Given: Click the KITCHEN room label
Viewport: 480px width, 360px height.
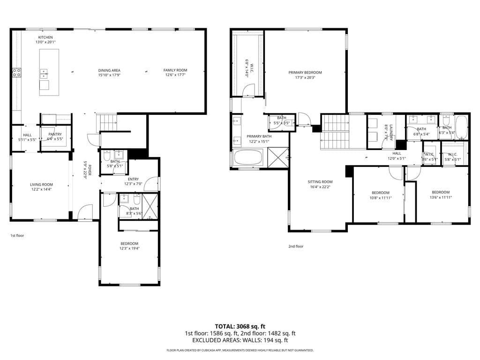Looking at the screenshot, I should pyautogui.click(x=45, y=37).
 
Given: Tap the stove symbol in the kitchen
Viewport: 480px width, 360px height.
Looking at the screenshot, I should pyautogui.click(x=16, y=72).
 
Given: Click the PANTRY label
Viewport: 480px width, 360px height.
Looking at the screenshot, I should pyautogui.click(x=55, y=135).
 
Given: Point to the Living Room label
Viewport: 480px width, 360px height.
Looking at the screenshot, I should pyautogui.click(x=41, y=185).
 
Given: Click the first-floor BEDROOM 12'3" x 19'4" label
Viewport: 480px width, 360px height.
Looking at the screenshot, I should pyautogui.click(x=129, y=243).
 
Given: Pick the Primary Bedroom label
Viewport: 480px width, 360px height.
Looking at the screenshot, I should pyautogui.click(x=305, y=73).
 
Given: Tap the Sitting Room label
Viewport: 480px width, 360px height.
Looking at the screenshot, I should pyautogui.click(x=320, y=182).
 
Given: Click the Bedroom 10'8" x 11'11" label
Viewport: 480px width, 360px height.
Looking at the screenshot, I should pyautogui.click(x=381, y=193).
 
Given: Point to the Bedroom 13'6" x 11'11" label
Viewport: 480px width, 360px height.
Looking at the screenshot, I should pyautogui.click(x=441, y=192).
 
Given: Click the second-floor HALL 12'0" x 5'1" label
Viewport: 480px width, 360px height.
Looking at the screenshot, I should pyautogui.click(x=397, y=153).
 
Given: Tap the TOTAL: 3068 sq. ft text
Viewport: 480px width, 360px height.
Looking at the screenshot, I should pyautogui.click(x=240, y=326).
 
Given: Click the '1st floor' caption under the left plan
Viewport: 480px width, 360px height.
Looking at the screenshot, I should pyautogui.click(x=17, y=235).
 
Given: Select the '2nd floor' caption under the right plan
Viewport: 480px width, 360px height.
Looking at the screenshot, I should pyautogui.click(x=296, y=246).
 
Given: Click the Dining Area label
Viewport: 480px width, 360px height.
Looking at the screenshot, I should pyautogui.click(x=109, y=70).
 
